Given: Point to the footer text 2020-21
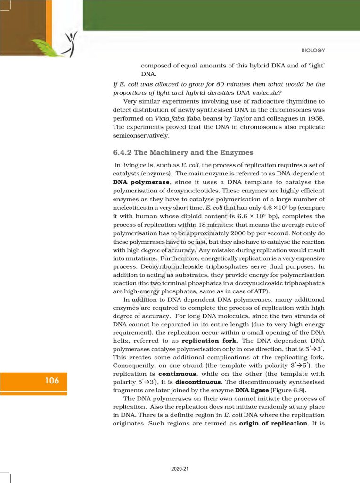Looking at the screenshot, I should (x=180, y=469).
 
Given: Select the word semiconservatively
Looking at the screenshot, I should (x=142, y=135).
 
